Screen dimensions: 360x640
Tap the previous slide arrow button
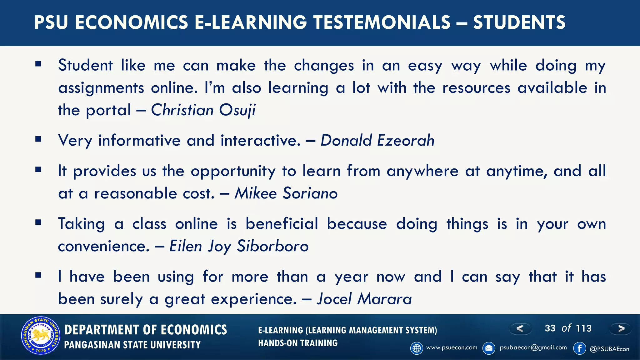point(520,328)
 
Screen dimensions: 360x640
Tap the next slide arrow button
point(621,328)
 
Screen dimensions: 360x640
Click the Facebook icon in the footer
point(579,348)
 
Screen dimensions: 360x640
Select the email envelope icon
point(489,348)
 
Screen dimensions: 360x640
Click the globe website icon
point(417,348)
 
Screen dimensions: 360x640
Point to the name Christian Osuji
point(203,110)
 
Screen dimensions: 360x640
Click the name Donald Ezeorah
point(377,140)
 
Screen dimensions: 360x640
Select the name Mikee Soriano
point(286,193)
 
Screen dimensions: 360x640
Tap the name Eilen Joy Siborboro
point(239,246)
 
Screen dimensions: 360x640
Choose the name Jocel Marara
point(364,299)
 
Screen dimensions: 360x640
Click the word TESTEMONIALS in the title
point(382,22)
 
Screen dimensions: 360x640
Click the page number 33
point(550,328)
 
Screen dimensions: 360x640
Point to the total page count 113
point(584,328)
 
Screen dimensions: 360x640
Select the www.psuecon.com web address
point(452,347)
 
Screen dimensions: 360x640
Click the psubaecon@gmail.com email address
point(533,347)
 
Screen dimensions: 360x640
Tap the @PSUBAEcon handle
point(609,349)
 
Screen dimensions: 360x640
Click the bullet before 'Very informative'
point(38,139)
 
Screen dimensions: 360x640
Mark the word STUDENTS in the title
point(519,22)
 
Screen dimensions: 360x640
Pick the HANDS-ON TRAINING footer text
point(298,343)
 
